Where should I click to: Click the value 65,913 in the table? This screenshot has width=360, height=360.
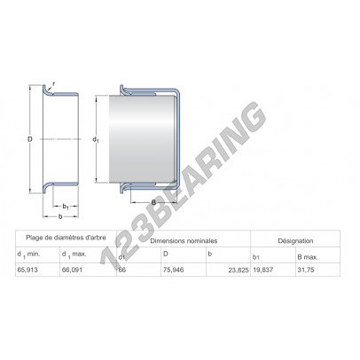27,270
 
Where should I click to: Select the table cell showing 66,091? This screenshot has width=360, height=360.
72,270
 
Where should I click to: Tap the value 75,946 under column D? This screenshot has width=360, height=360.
174,270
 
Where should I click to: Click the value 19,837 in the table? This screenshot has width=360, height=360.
263,270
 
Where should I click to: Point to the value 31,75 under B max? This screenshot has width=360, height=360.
306,270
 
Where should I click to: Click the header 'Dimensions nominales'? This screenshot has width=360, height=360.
184,241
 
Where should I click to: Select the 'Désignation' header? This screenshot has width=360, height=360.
295,241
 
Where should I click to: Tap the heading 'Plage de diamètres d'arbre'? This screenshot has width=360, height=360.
66,238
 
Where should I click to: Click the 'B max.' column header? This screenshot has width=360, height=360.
308,257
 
